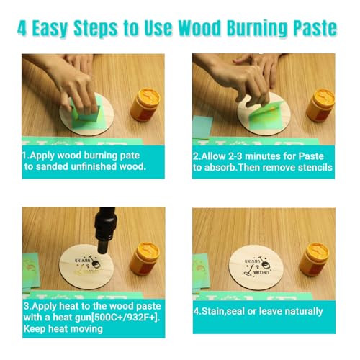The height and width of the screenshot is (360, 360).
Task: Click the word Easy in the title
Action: point(61,30)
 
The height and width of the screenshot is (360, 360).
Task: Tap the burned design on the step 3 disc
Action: point(84,260)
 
